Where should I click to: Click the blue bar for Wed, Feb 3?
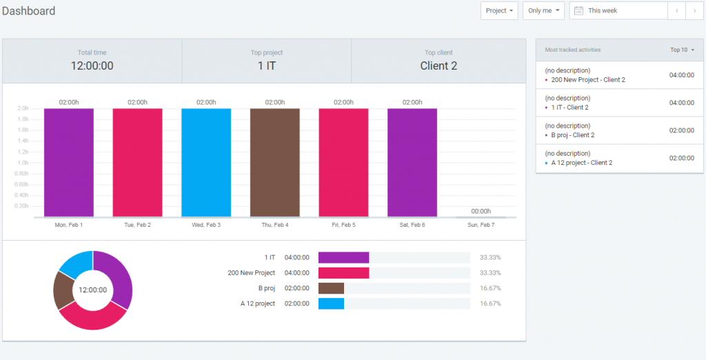coord(206,162)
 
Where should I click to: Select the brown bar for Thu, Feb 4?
coord(275,162)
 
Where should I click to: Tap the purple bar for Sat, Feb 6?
coord(412,162)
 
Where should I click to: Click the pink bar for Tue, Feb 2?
coord(137,162)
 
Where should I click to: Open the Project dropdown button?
coord(499,11)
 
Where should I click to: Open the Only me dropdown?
coord(543,11)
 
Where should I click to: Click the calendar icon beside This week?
coord(579,11)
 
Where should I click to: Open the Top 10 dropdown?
coord(682,50)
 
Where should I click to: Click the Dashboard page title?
coord(28,11)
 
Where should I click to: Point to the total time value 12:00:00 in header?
coord(92,66)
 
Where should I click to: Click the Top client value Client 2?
coord(438,66)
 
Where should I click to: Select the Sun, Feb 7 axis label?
coord(481,225)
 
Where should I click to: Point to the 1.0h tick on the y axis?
coord(23,163)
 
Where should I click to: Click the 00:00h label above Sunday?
coord(481,211)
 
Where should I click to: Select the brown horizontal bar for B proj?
coord(331,288)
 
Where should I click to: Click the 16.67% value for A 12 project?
coord(490,303)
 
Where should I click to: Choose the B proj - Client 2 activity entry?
coord(572,135)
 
